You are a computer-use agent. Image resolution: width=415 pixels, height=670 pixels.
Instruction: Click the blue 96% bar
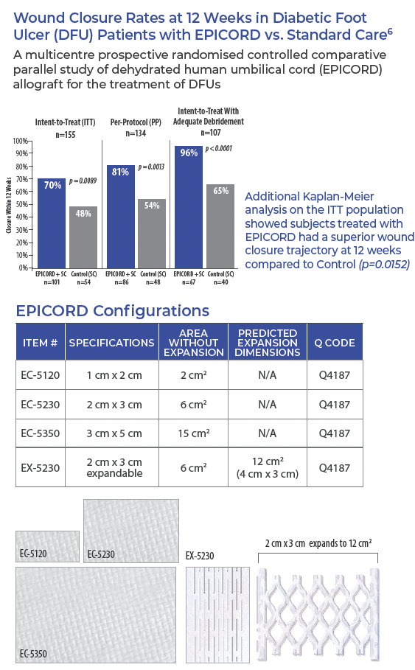(189, 207)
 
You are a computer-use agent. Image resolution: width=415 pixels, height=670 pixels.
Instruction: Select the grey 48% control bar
(83, 237)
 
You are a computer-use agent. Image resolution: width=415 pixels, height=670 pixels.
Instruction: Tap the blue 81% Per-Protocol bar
(121, 217)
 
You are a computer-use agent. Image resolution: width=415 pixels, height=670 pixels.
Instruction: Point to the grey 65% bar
(220, 226)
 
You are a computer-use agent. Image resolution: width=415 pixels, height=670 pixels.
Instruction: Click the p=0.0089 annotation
(83, 181)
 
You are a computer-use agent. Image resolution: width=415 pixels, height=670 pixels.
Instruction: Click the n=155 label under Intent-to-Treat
(66, 135)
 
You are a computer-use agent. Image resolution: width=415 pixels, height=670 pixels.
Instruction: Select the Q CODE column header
(335, 343)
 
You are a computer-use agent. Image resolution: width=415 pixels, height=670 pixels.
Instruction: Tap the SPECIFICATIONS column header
(111, 343)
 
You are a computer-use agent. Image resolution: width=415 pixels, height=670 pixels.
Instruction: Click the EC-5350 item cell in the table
(41, 433)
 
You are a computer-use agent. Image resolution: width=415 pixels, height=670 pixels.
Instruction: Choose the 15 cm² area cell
(194, 433)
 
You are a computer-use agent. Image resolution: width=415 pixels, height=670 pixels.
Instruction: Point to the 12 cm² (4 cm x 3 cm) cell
(268, 467)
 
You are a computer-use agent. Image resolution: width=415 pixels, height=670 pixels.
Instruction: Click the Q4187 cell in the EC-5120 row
(335, 375)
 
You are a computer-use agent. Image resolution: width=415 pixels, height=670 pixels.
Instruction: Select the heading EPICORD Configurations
(112, 310)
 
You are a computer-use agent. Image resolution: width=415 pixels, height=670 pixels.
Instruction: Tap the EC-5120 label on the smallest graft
(33, 554)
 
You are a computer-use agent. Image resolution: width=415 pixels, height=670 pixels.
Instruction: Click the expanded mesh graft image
(318, 613)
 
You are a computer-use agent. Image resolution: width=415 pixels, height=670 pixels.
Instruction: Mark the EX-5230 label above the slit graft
(200, 556)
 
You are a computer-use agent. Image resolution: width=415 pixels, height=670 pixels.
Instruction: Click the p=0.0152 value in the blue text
(384, 264)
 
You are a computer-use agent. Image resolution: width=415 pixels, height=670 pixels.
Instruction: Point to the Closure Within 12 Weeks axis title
(9, 206)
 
